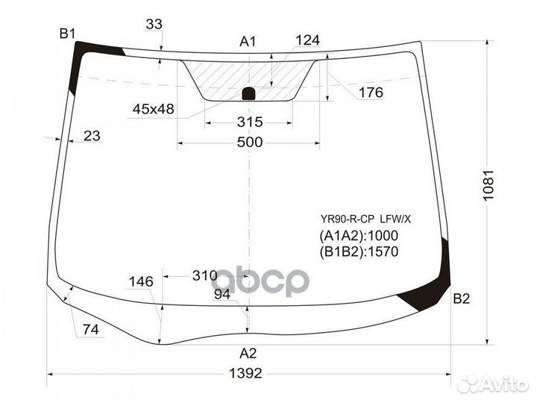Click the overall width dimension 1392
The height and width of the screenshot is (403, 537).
point(245,373)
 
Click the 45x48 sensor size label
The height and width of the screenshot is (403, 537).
point(153,109)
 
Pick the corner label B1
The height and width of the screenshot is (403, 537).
point(68,33)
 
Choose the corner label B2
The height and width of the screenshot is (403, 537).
point(461,299)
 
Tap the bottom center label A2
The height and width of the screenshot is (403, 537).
point(248,353)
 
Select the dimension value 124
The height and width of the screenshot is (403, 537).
point(307,40)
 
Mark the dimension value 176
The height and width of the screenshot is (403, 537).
point(370,93)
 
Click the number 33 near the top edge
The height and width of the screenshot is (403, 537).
point(154,25)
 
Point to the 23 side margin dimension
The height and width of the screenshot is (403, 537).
point(92,136)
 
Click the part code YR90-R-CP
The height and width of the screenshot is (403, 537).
point(347,219)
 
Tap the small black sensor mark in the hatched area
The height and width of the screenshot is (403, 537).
point(249,93)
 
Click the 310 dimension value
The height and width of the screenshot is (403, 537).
point(204,275)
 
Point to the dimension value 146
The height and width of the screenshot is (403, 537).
point(140,281)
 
